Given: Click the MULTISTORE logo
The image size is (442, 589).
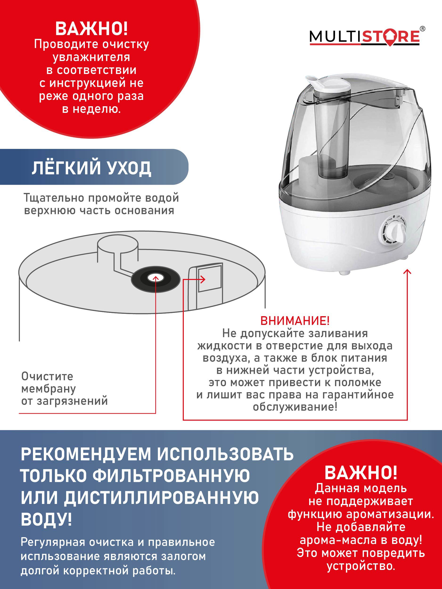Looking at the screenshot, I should [364, 37].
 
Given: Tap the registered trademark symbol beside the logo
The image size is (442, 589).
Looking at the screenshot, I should [422, 29].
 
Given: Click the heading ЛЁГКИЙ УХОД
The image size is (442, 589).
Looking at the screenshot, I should [91, 168].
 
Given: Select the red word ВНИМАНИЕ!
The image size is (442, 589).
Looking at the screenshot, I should [295, 321].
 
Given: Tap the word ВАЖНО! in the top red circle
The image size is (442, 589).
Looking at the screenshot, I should [91, 29].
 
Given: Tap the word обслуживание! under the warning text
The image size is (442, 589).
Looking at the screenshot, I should [295, 407].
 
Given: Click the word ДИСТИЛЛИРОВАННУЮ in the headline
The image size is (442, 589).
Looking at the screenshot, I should [161, 497].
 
